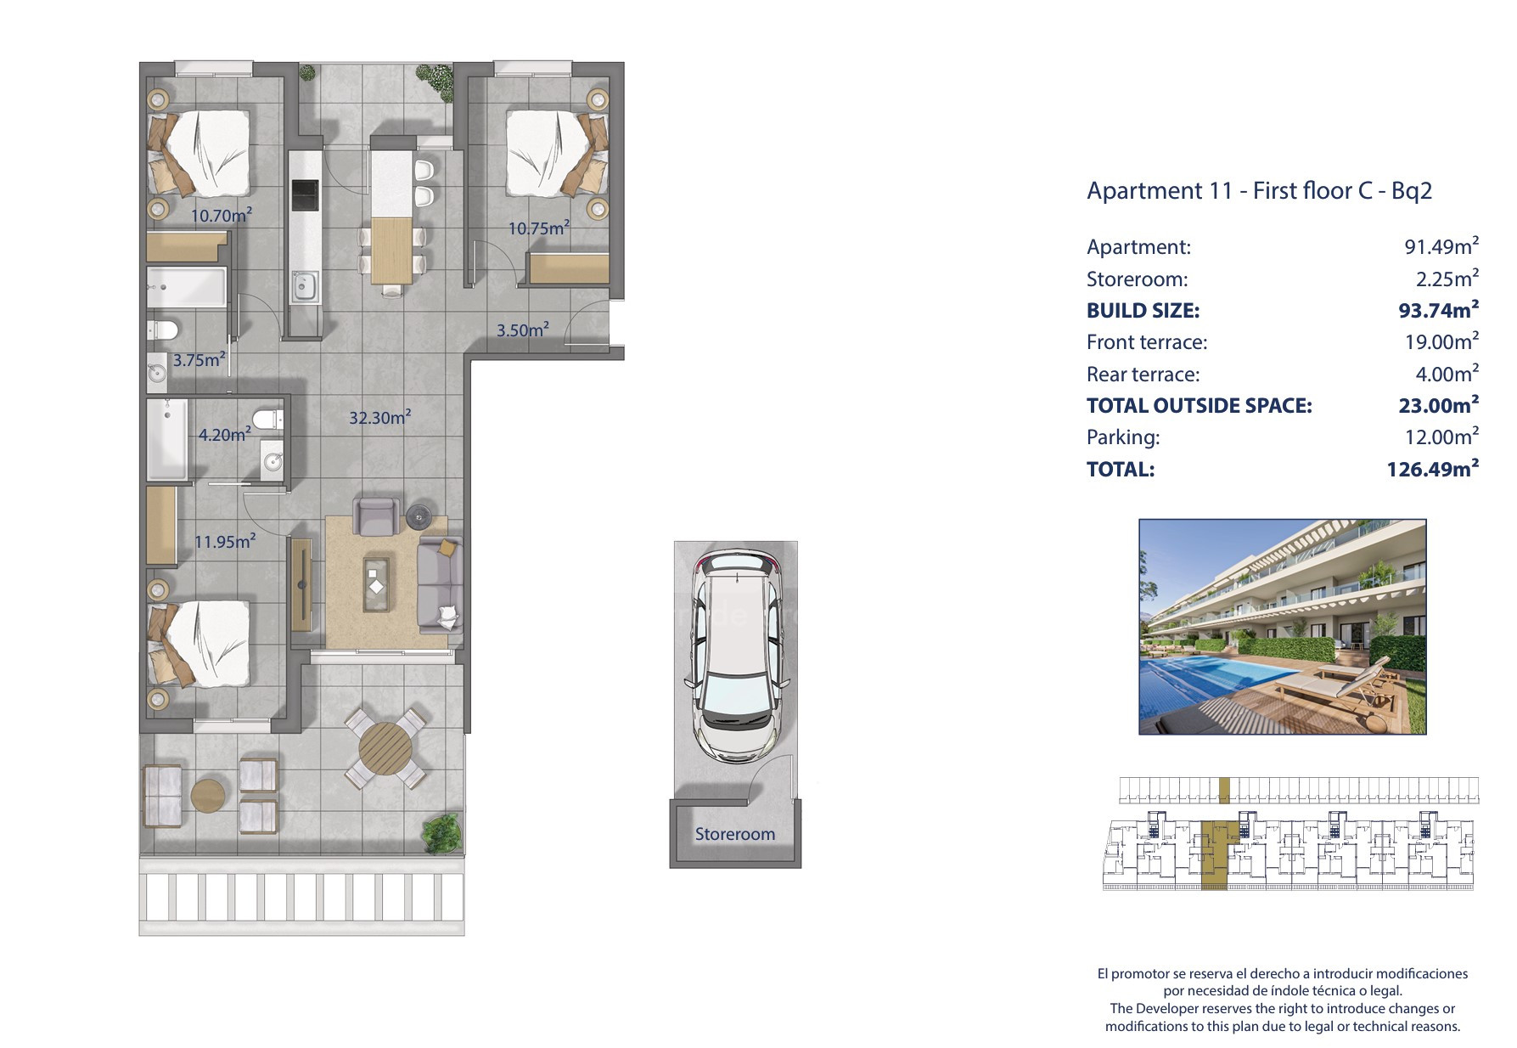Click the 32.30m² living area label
coord(380,417)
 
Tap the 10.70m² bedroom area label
coord(221,215)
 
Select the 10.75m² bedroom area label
coord(538,228)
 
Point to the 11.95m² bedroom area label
coord(225,541)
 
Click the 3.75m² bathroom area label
coord(199,359)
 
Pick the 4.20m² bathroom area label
coord(224,434)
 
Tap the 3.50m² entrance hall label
coord(522,330)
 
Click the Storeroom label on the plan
coord(735,834)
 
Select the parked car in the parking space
coord(736,656)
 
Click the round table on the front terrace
coord(385,749)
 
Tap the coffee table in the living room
coord(378,583)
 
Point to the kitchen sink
coord(304,287)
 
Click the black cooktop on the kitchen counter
coord(304,195)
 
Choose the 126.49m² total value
coord(1433,468)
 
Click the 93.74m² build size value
coord(1439,310)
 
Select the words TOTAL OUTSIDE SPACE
coord(1200,405)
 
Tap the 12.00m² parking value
coord(1441,437)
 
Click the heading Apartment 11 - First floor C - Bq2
coord(1259,190)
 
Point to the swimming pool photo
coord(1282,627)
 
